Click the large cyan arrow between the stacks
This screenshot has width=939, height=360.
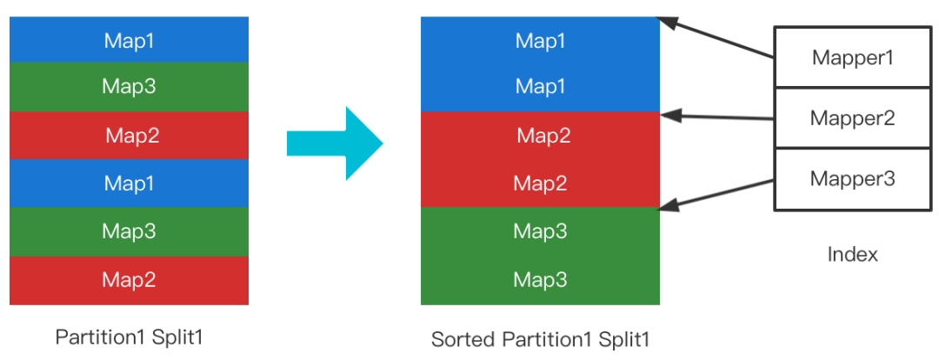coord(335,143)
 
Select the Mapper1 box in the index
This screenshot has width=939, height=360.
coord(853,57)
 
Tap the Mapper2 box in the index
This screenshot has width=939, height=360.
coord(853,118)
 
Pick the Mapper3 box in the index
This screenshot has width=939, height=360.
coord(853,179)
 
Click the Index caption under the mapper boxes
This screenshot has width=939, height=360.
coord(852,255)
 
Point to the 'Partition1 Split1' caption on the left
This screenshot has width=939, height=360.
coord(129,337)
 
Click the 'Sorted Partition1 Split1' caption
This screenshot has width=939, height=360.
coord(540,340)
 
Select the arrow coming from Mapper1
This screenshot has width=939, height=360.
coord(716,37)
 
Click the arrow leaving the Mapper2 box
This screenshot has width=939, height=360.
coord(716,117)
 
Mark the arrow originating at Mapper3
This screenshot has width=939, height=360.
coord(716,195)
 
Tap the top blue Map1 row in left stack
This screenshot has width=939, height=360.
coord(129,39)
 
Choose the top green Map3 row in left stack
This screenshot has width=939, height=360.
coord(129,87)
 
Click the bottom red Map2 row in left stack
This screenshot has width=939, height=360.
coord(129,280)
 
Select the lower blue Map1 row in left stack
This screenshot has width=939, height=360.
coord(129,183)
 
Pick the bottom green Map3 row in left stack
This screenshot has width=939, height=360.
coord(129,232)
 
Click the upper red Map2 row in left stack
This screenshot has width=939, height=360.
coord(129,136)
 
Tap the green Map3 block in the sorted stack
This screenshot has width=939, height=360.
coord(540,256)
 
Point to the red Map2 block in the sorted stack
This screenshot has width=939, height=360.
coord(540,159)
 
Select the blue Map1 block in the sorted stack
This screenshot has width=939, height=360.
coord(540,64)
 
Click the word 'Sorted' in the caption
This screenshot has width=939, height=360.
coord(463,340)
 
